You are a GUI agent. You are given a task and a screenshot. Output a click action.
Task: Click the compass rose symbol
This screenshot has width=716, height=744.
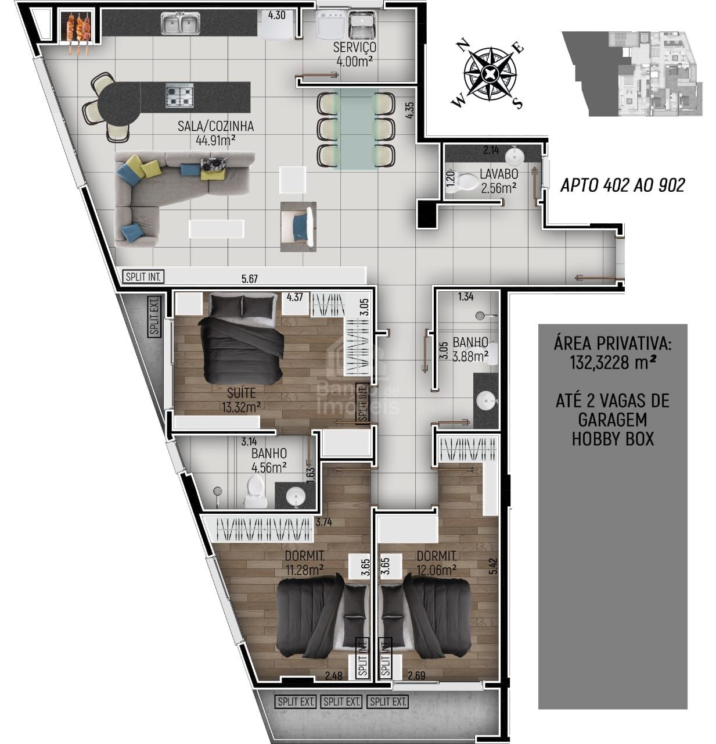tap(490, 73)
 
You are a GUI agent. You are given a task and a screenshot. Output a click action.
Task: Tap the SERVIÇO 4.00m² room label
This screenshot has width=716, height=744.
tap(354, 54)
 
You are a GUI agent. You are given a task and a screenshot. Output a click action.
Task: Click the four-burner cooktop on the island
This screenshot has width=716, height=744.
tap(179, 95)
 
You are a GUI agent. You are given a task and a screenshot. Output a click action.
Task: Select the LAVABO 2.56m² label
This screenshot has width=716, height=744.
tap(499, 181)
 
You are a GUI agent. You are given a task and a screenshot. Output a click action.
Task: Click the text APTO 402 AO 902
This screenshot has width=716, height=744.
tap(623, 185)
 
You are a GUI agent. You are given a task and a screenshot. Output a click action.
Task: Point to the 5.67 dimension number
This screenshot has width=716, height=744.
tap(249, 279)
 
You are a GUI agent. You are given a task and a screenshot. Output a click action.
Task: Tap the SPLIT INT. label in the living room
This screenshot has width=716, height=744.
tap(143, 277)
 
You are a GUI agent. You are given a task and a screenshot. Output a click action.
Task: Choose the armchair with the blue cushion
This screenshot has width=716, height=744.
tap(298, 226)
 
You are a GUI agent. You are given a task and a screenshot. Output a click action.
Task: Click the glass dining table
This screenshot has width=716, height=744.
tap(356, 128)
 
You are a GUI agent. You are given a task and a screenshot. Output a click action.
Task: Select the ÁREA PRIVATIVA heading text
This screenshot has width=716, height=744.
tap(613, 344)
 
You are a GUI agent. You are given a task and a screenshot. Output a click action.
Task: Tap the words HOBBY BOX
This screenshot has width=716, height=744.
tap(613, 438)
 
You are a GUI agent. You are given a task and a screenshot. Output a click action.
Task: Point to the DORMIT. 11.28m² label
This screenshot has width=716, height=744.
tap(305, 562)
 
